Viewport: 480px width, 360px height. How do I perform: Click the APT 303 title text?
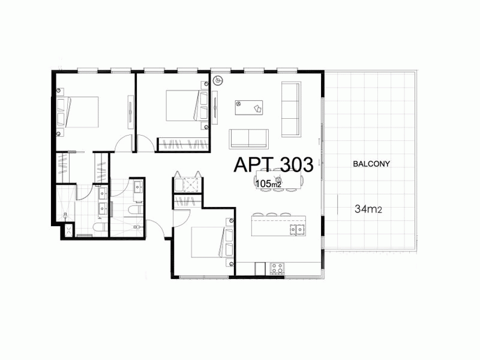pos(273,164)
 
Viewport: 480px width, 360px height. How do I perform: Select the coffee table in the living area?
pos(249,107)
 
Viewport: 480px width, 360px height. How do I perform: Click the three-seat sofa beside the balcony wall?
pos(290,109)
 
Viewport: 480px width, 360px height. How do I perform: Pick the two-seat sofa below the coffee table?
pos(248,139)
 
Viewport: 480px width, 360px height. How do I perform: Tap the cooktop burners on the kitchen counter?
pos(277,268)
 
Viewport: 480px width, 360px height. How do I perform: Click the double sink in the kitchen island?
pos(296,229)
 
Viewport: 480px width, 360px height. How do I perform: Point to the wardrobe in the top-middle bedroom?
pos(183,144)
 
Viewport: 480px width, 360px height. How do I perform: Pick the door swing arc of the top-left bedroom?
pos(124,144)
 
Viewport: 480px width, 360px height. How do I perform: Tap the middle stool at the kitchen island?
pos(272,214)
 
